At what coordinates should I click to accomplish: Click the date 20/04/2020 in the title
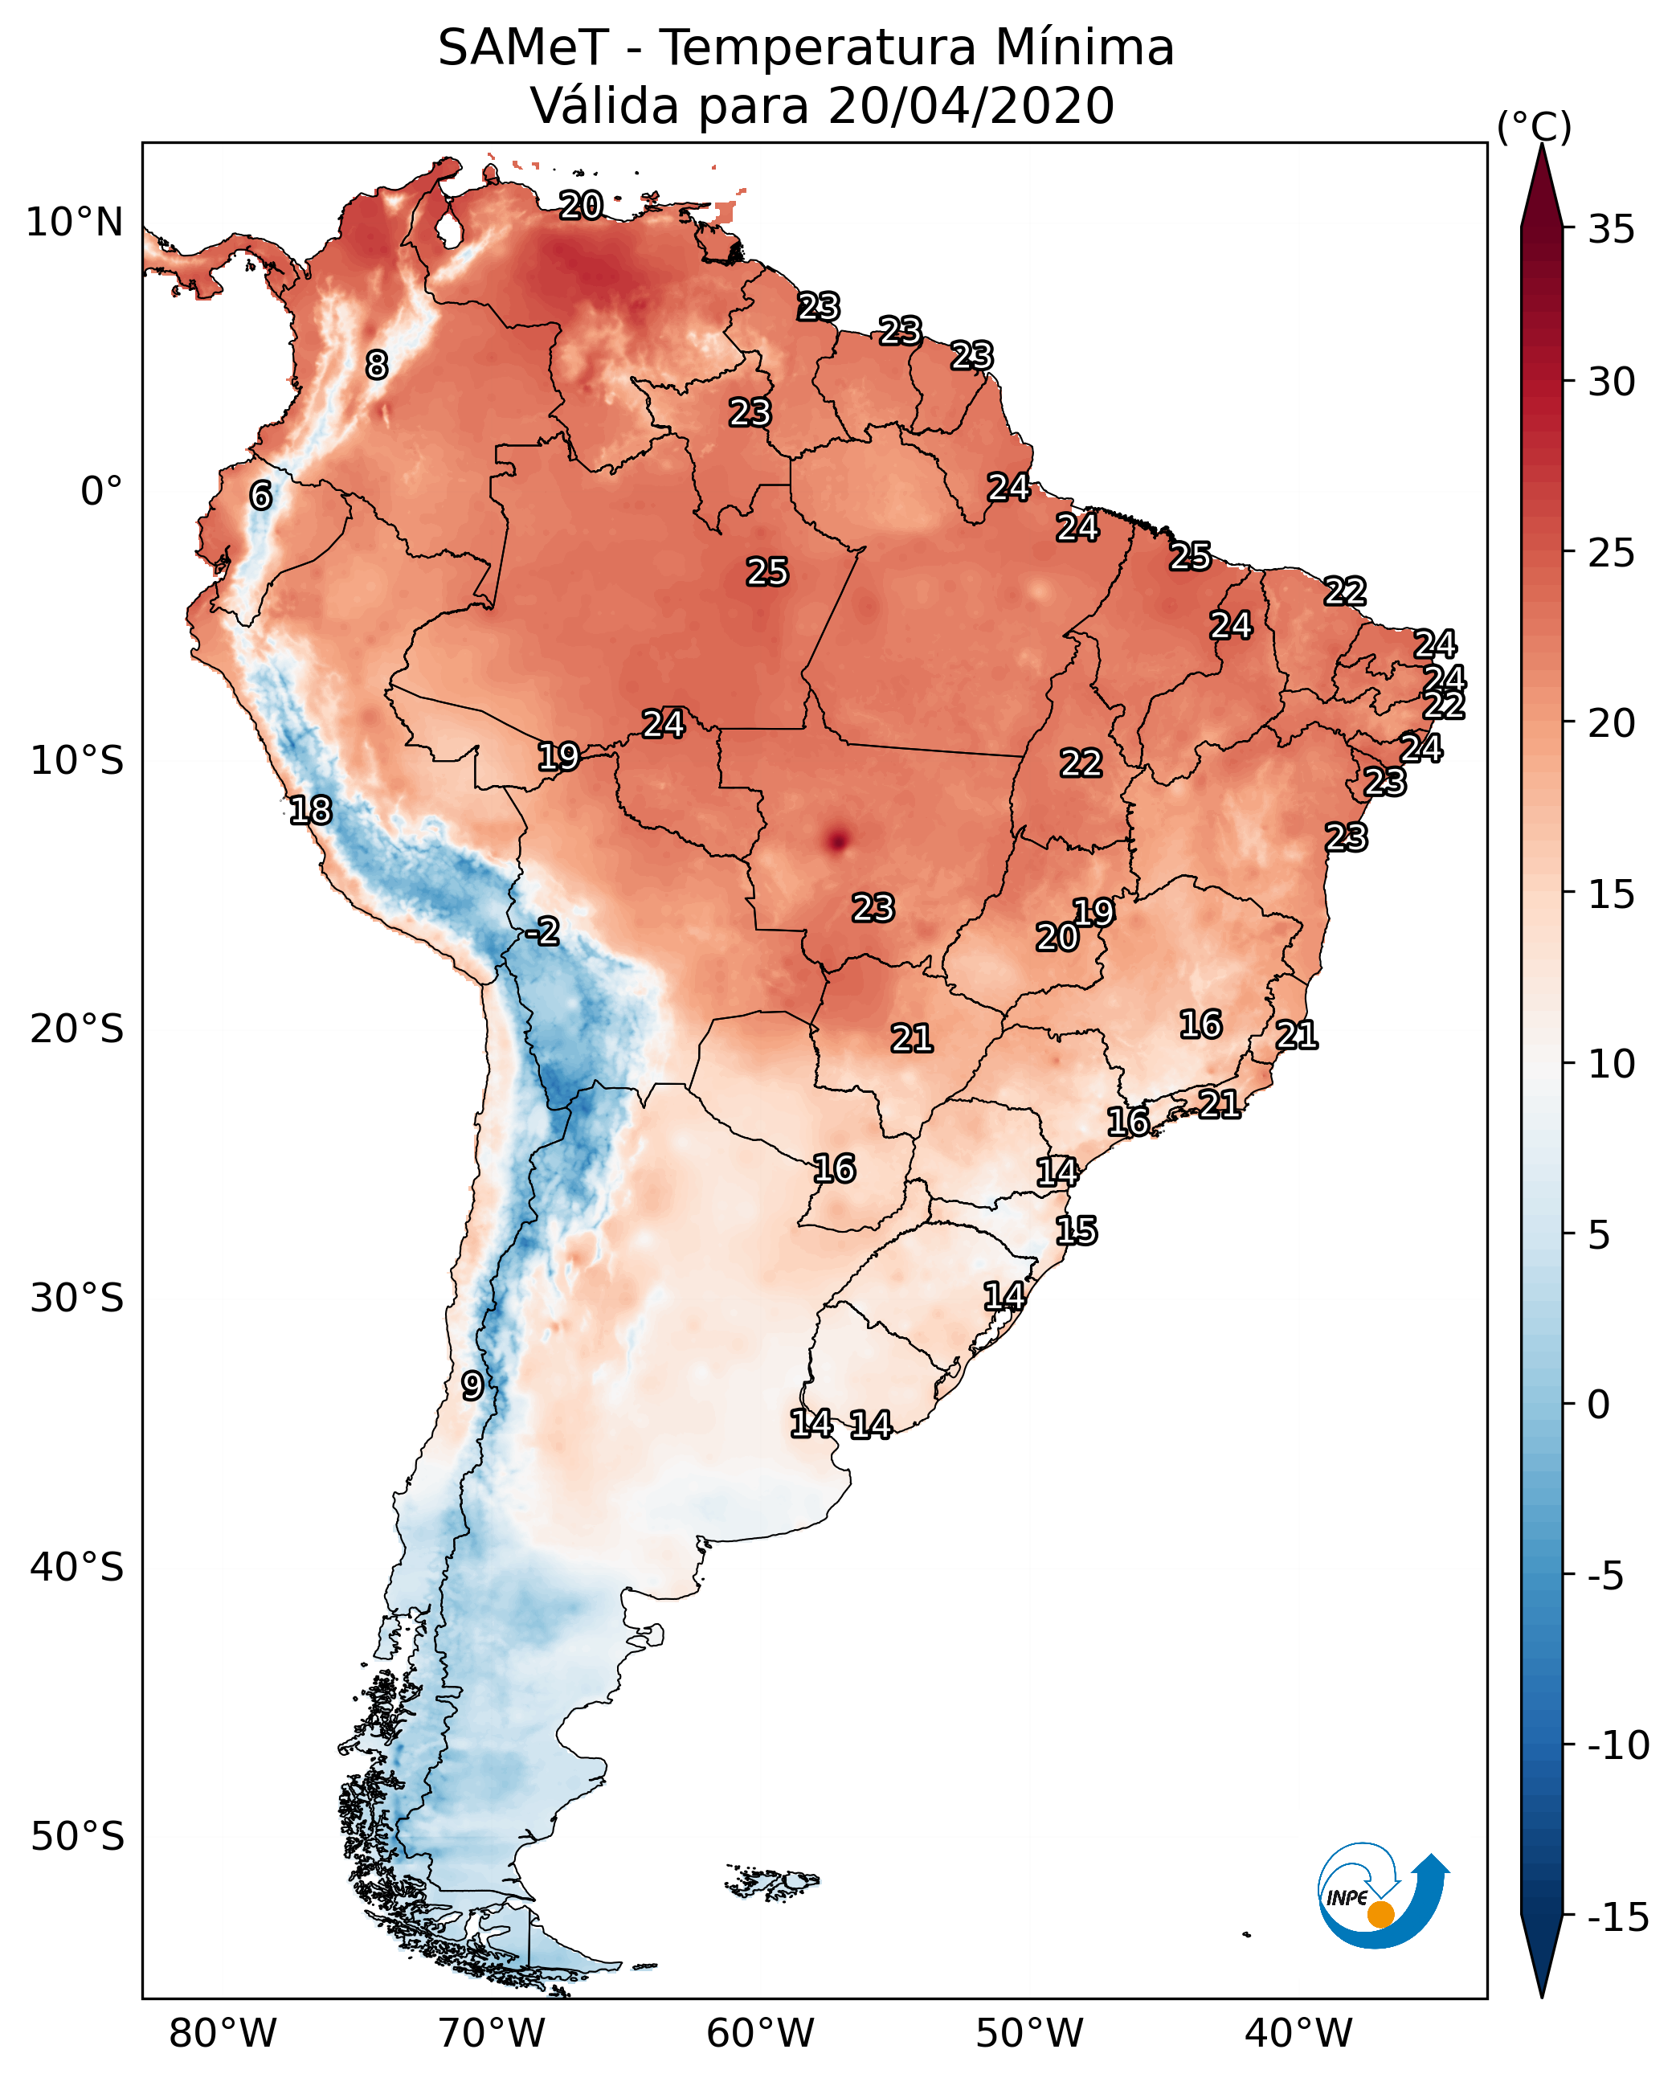point(971,106)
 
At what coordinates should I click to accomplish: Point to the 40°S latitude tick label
point(76,1566)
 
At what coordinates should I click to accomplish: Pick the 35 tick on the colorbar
point(1611,230)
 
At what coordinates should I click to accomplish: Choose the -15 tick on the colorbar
point(1618,1918)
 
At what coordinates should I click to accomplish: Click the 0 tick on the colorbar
point(1599,1404)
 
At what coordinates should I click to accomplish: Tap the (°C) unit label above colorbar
point(1534,126)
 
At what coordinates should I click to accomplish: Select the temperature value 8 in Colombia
point(377,365)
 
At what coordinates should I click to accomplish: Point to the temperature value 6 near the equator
point(260,495)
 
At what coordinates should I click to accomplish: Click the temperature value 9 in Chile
point(471,1385)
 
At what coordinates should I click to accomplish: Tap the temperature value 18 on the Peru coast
point(310,810)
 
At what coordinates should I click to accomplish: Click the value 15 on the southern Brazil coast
point(1076,1230)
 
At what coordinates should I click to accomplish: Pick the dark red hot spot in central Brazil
point(837,840)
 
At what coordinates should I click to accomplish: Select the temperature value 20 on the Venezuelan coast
point(581,205)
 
